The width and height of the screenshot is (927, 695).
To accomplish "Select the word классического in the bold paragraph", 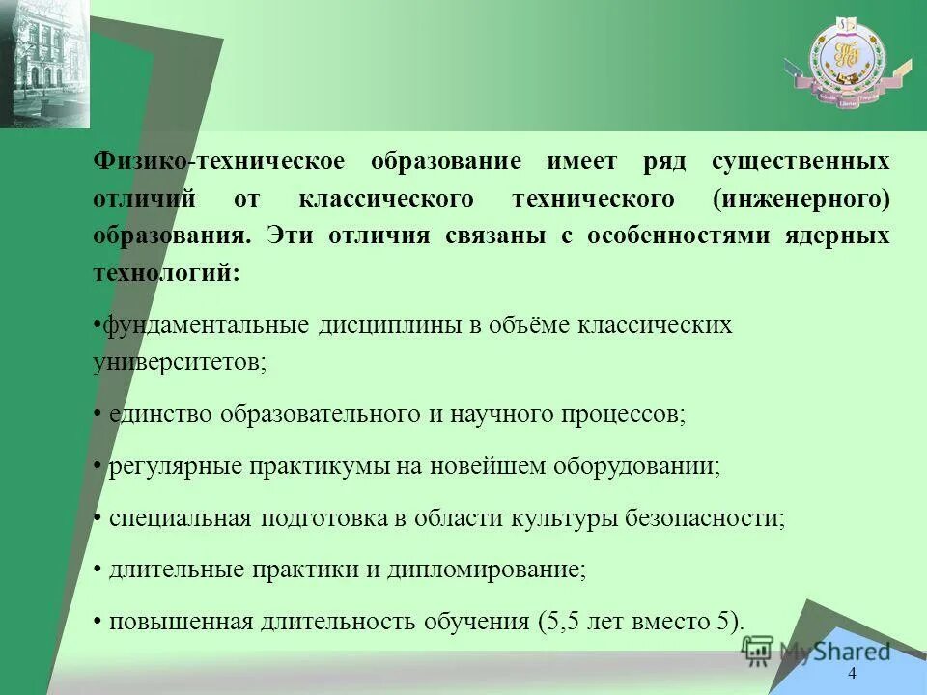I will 386,200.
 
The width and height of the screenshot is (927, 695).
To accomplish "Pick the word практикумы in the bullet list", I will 329,466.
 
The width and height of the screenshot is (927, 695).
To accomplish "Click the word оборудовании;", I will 636,466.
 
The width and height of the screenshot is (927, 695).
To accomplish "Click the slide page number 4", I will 851,674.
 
